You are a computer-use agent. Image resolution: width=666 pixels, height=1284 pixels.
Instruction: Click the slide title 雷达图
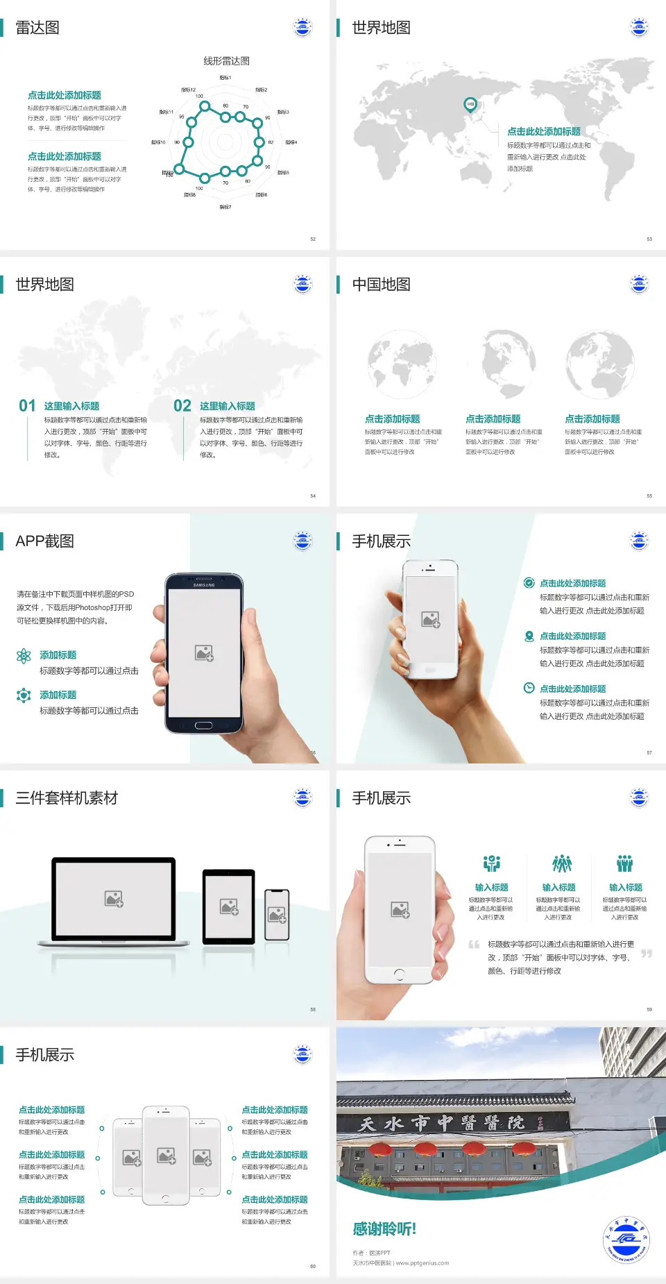[x=37, y=28]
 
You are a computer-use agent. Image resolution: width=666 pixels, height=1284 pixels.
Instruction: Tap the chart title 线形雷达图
[x=226, y=61]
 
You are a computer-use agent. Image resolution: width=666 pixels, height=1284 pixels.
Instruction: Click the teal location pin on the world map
[x=470, y=105]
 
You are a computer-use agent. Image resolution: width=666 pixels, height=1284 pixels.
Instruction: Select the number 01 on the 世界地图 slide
[x=27, y=406]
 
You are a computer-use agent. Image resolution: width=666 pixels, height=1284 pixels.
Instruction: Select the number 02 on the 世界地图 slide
[x=182, y=406]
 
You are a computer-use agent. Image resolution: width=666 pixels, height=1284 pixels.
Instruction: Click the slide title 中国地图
[x=381, y=285]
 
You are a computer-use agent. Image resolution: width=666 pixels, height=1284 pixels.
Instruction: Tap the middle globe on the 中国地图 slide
[x=501, y=363]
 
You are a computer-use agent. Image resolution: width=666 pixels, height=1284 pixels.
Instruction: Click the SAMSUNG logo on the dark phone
[x=204, y=585]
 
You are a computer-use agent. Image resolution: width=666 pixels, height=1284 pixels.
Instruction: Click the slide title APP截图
[x=44, y=541]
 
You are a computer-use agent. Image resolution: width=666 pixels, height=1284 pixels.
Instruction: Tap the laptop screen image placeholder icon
[x=114, y=899]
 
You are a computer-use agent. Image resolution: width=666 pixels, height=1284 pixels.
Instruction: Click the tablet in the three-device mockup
[x=229, y=906]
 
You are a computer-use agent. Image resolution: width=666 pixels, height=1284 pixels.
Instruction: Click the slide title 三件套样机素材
[x=67, y=798]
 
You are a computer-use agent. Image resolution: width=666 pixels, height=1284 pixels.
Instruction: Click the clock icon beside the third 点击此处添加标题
[x=529, y=688]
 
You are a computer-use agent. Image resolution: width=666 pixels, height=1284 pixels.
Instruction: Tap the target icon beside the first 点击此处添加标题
[x=529, y=583]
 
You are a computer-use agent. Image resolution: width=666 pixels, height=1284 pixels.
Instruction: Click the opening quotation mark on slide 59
[x=474, y=945]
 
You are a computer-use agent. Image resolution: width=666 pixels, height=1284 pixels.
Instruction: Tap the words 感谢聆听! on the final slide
[x=384, y=1229]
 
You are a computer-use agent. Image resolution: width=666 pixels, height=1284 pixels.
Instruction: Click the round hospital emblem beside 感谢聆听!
[x=626, y=1240]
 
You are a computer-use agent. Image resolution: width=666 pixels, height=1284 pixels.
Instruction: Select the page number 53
[x=649, y=239]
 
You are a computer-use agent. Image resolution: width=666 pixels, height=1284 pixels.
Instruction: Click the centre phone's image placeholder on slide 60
[x=166, y=1156]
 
